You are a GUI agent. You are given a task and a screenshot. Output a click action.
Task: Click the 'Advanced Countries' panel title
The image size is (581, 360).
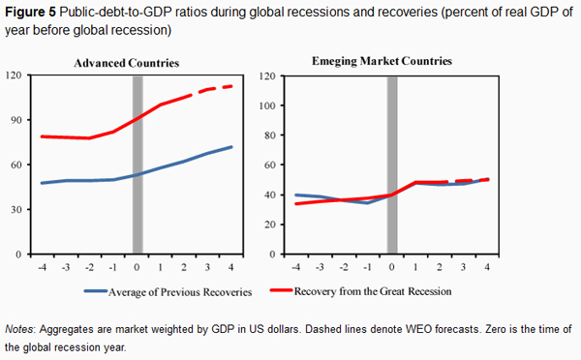(126, 63)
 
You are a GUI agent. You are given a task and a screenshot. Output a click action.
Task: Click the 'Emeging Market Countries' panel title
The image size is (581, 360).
(382, 61)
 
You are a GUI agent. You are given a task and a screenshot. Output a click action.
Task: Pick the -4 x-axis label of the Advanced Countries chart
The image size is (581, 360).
(43, 267)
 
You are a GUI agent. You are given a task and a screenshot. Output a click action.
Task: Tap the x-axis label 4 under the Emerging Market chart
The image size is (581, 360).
(487, 267)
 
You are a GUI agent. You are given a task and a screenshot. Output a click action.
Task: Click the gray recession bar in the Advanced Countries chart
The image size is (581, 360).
(138, 165)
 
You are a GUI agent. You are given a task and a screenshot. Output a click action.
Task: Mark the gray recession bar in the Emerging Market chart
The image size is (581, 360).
(392, 165)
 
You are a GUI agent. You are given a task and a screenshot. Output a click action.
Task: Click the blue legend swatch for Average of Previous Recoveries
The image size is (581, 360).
(95, 291)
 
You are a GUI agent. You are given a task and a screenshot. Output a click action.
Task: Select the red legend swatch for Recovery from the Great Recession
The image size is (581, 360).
(281, 290)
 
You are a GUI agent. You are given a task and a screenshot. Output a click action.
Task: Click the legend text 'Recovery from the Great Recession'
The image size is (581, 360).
(373, 291)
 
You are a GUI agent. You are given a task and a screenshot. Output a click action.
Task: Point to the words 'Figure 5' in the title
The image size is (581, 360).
(30, 13)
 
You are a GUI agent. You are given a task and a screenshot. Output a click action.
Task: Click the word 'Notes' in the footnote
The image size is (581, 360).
(19, 329)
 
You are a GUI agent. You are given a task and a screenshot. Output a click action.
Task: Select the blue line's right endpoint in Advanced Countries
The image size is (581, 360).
(231, 147)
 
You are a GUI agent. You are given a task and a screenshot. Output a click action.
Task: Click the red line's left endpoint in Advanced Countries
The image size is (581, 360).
(42, 136)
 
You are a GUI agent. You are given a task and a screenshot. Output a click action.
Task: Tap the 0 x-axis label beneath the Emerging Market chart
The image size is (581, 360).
(391, 267)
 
